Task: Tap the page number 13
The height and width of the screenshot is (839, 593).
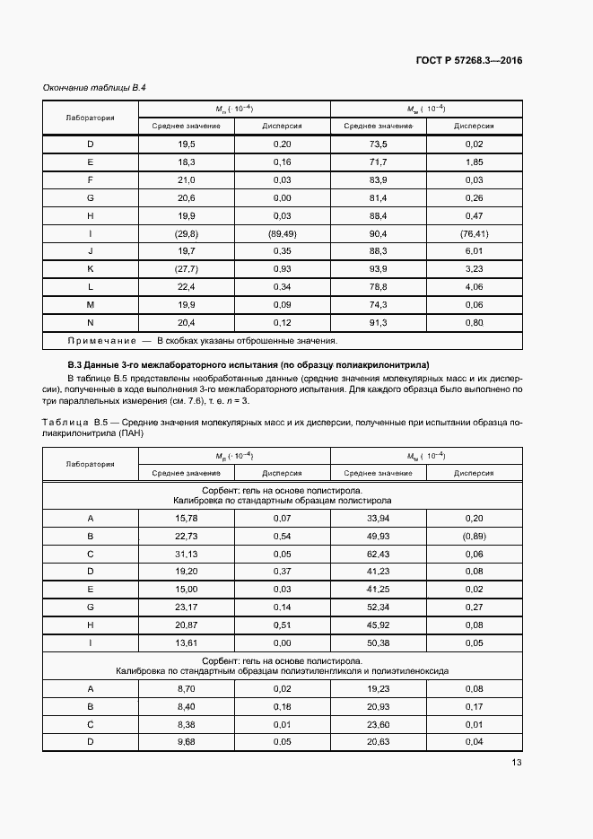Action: point(517,763)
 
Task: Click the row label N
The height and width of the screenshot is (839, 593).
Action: point(90,322)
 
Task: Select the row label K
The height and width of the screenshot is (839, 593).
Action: point(90,269)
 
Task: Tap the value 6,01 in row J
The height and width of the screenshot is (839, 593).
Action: point(475,251)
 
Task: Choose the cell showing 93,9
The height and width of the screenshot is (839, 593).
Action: point(378,269)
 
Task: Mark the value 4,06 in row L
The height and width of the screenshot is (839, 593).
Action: point(475,287)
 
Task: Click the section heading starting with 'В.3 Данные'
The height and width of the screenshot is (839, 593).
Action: point(249,365)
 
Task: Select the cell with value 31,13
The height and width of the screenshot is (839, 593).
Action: point(186,555)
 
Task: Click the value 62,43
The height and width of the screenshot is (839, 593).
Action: point(378,555)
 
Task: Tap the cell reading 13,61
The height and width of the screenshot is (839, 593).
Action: point(186,643)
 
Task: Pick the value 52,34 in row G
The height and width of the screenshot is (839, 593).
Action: point(378,607)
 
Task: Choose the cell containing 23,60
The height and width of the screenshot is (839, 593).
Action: point(378,723)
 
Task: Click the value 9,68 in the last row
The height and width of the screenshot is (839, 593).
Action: point(186,741)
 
